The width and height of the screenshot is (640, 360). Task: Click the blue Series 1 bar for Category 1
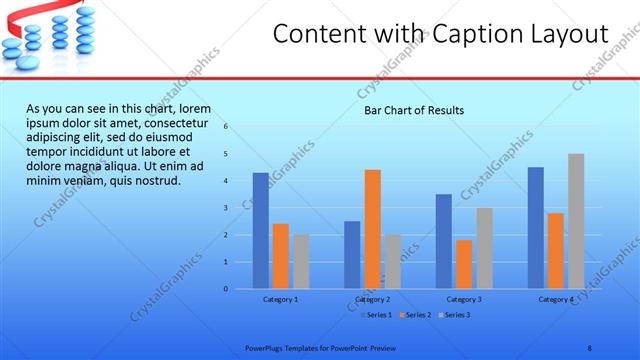pyautogui.click(x=260, y=231)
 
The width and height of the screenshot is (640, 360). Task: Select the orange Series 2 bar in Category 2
pyautogui.click(x=372, y=229)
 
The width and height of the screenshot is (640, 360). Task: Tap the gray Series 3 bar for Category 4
pyautogui.click(x=576, y=221)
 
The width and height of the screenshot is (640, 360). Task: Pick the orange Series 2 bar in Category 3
pyautogui.click(x=464, y=264)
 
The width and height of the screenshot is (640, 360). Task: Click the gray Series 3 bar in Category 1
pyautogui.click(x=301, y=262)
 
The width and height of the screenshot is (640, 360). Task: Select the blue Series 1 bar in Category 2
pyautogui.click(x=352, y=255)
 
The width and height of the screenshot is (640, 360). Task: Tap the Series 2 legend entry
pyautogui.click(x=414, y=315)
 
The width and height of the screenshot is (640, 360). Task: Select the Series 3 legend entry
pyautogui.click(x=453, y=315)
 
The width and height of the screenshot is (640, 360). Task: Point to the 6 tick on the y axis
pyautogui.click(x=226, y=127)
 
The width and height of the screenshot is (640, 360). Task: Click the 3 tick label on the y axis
pyautogui.click(x=226, y=208)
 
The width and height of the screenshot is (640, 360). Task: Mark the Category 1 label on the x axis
pyautogui.click(x=281, y=299)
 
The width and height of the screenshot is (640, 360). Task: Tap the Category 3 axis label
pyautogui.click(x=464, y=299)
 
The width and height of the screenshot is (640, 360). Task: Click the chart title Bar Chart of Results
pyautogui.click(x=414, y=110)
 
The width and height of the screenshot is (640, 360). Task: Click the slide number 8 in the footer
pyautogui.click(x=589, y=346)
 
